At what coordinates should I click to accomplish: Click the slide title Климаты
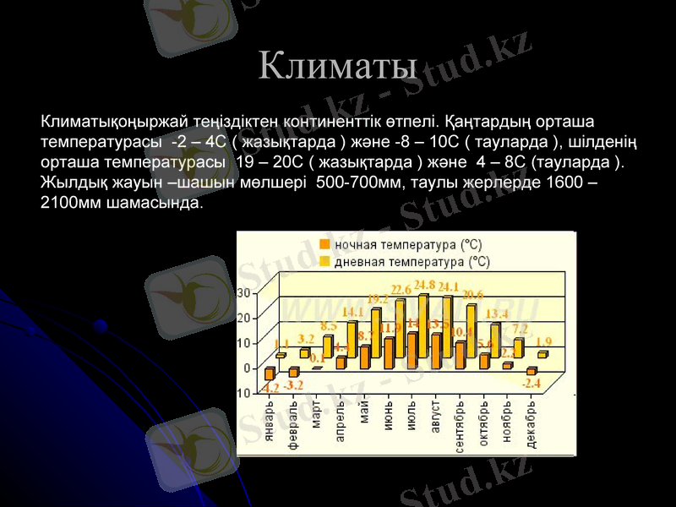(338, 63)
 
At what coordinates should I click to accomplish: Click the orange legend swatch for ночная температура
(324, 244)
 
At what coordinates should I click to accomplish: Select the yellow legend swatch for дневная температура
(324, 262)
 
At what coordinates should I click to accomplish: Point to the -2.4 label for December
(531, 383)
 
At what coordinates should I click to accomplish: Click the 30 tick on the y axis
(243, 292)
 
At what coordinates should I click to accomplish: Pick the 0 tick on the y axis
(247, 368)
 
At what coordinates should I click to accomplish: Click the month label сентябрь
(460, 427)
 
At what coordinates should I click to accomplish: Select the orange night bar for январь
(270, 373)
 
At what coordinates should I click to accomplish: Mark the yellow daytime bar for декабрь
(542, 355)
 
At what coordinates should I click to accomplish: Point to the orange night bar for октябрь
(483, 362)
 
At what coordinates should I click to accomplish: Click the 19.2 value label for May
(377, 298)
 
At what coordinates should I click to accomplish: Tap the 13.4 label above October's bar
(496, 314)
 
